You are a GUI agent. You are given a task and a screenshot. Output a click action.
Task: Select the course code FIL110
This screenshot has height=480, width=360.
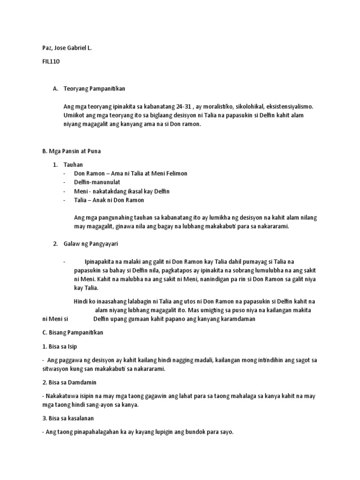(x=52, y=61)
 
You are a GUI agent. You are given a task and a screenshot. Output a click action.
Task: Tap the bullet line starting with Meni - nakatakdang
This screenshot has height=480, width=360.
(x=121, y=191)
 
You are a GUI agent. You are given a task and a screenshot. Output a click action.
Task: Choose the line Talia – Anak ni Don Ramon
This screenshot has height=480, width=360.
(x=109, y=200)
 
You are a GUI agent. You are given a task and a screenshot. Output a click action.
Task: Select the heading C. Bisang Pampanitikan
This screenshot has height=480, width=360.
(x=73, y=332)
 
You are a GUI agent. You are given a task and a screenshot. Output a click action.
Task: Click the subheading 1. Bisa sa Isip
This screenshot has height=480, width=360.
(x=59, y=346)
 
